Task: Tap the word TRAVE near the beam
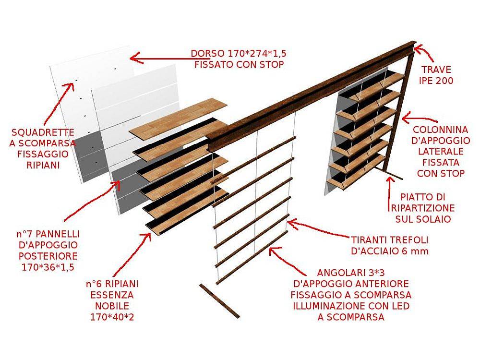click(x=436, y=70)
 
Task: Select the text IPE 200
click(x=436, y=81)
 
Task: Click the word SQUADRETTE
click(x=43, y=132)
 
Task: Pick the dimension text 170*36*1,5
click(x=48, y=267)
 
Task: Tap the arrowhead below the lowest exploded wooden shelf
click(x=146, y=237)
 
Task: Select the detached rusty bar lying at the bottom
click(x=219, y=301)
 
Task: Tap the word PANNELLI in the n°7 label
click(x=58, y=234)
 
